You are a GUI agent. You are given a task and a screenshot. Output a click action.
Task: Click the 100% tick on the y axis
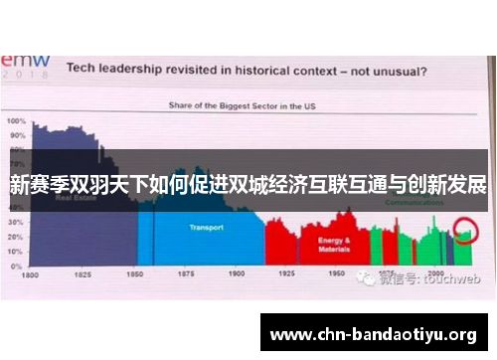[17, 121]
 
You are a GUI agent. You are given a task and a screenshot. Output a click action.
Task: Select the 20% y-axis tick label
[17, 238]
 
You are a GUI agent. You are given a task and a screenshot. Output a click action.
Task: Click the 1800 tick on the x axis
[31, 273]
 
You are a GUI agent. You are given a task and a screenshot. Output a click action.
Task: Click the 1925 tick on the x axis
[287, 272]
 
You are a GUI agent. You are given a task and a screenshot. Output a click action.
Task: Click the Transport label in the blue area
[207, 228]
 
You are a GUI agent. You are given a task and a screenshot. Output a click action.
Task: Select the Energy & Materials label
[333, 244]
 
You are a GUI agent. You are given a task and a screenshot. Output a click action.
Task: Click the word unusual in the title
[397, 71]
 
